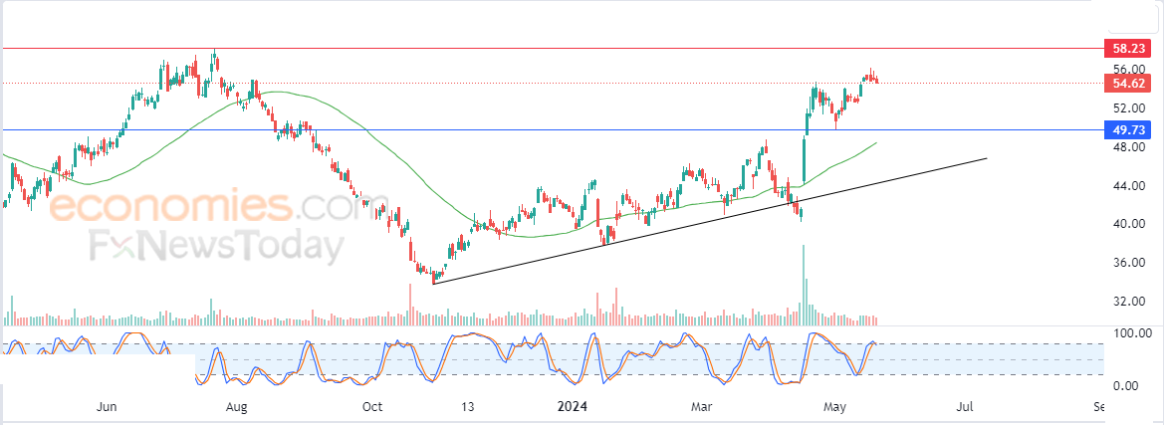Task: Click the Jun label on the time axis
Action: pos(109,407)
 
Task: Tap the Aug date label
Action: pos(237,407)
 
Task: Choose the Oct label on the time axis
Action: pos(372,407)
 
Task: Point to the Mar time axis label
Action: pos(701,407)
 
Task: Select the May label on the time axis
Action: pos(835,407)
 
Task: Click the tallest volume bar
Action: pos(803,285)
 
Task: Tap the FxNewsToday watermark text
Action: pos(217,246)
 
